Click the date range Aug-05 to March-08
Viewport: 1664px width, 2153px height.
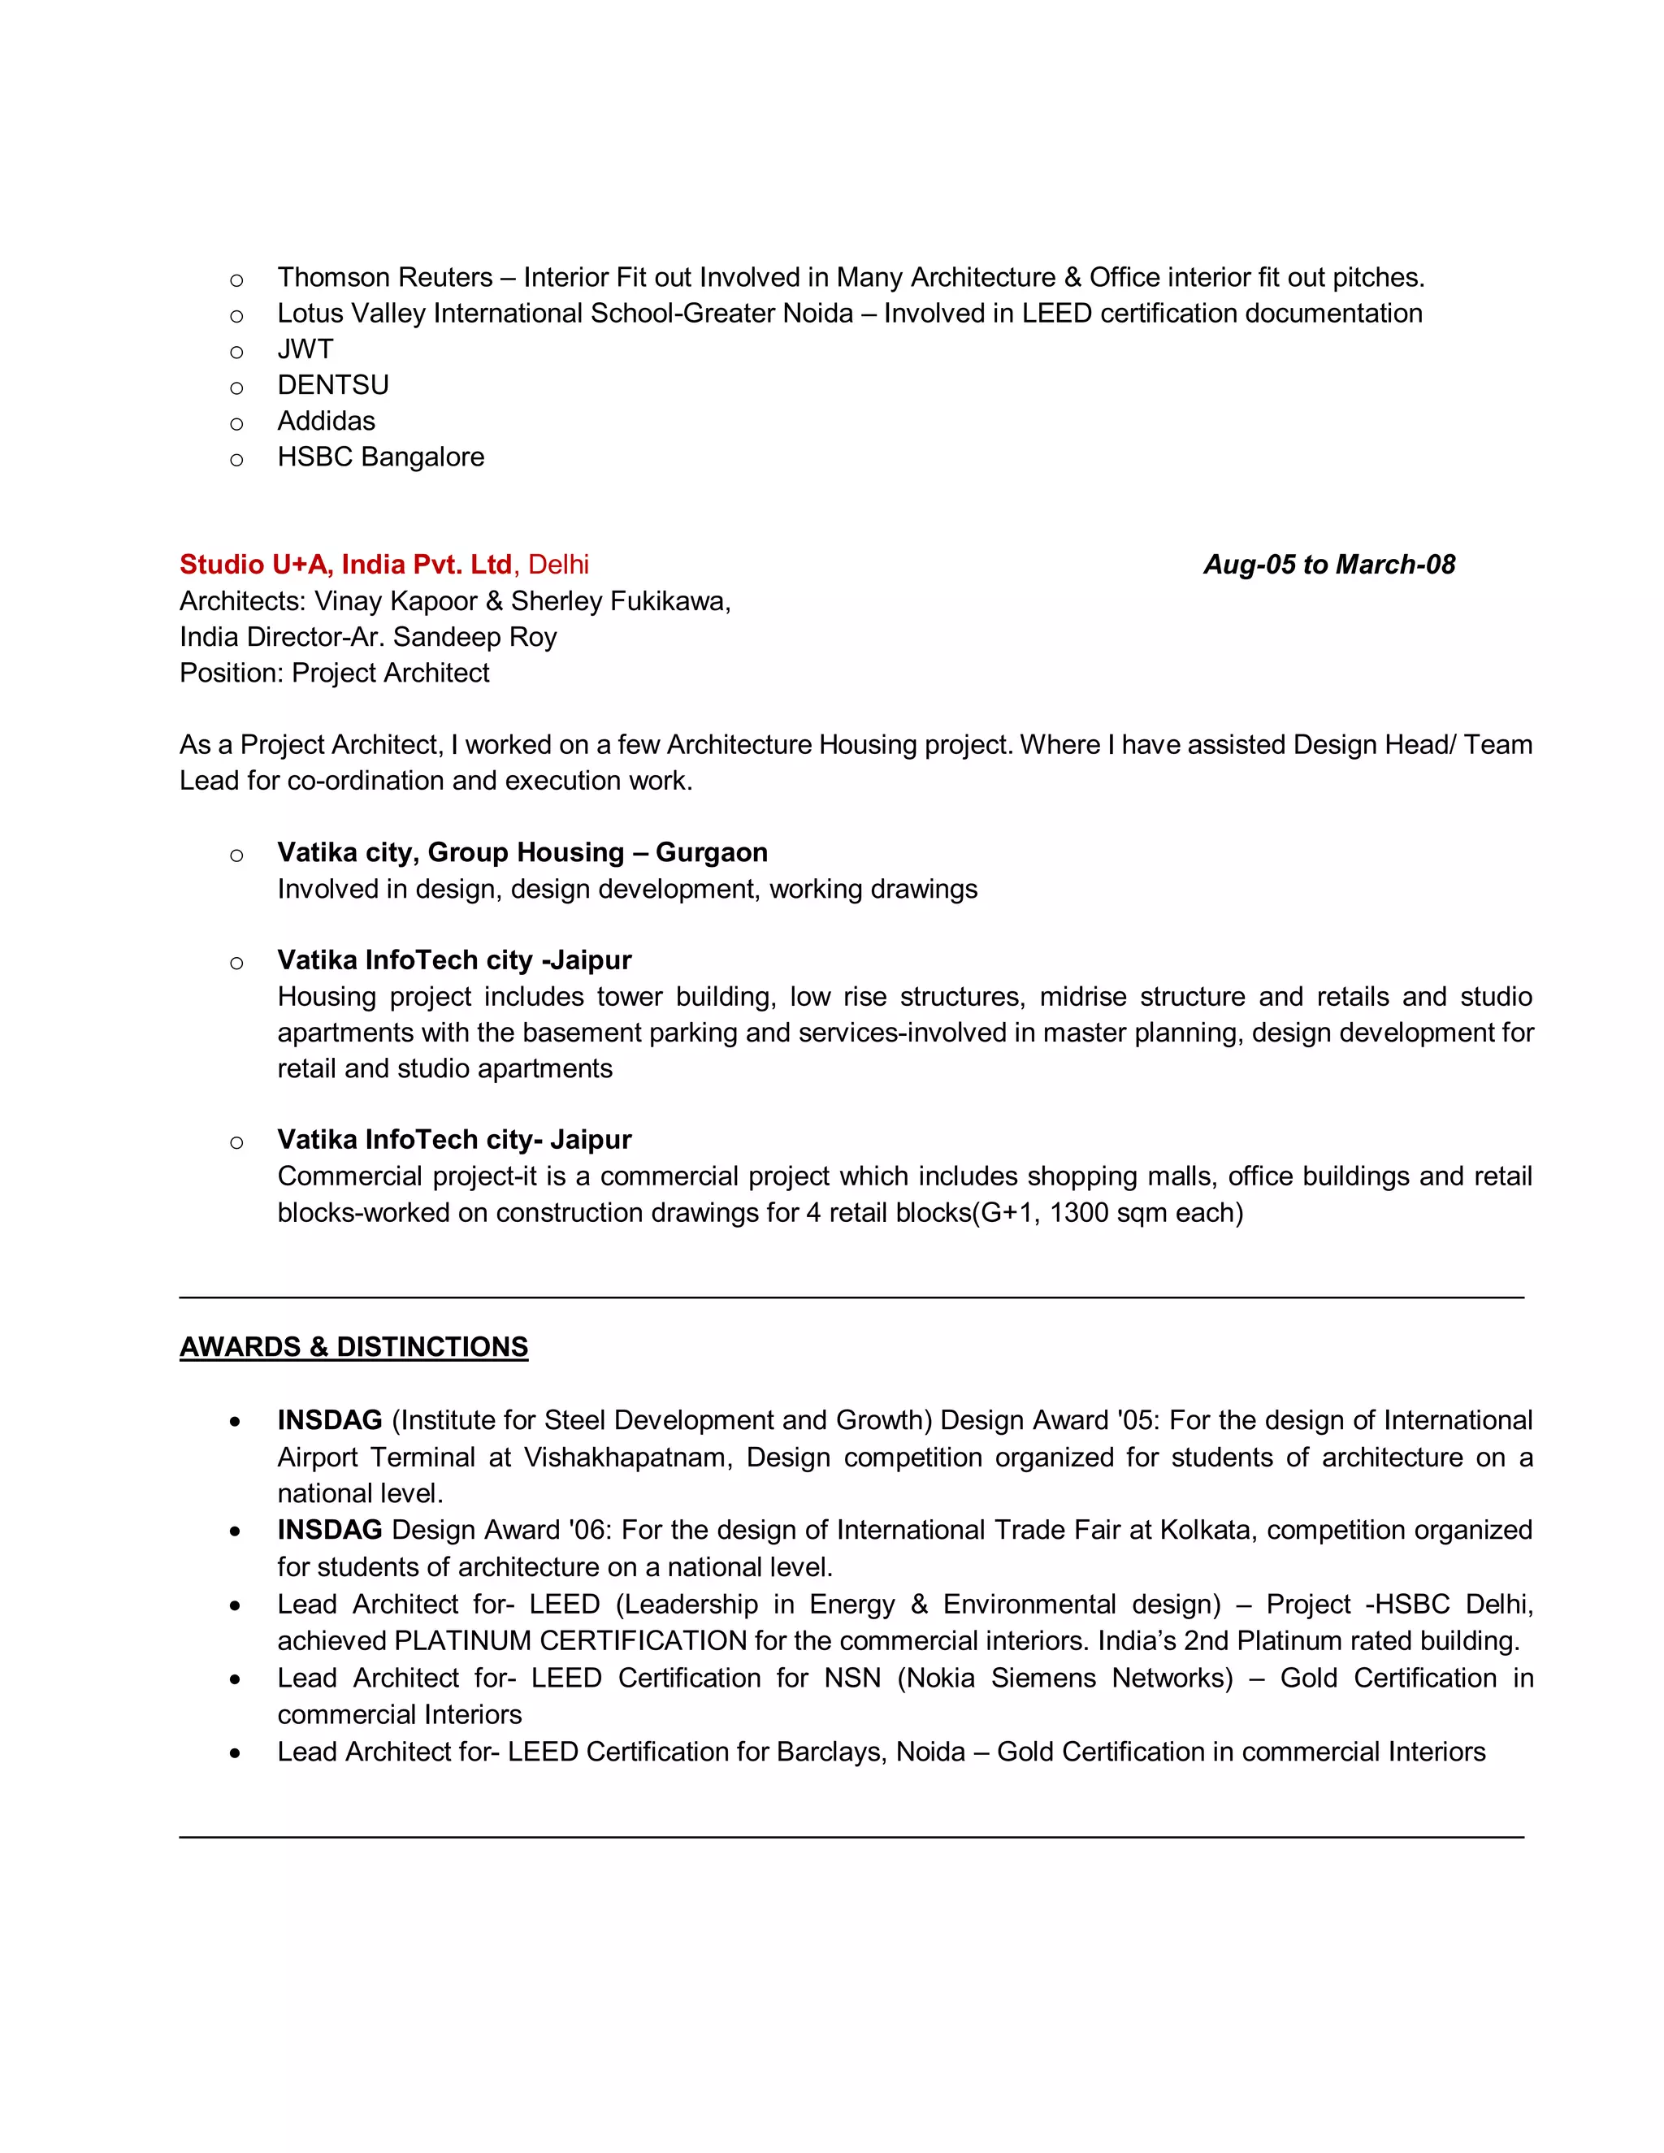click(x=1328, y=565)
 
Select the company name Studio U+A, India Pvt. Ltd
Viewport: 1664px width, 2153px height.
click(x=345, y=565)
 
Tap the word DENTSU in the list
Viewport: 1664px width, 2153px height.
click(x=332, y=385)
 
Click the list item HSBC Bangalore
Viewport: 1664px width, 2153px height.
click(x=380, y=457)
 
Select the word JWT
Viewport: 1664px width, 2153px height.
click(x=305, y=349)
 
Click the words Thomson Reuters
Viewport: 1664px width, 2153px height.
click(x=384, y=278)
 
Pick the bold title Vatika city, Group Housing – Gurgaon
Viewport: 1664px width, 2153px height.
click(x=522, y=853)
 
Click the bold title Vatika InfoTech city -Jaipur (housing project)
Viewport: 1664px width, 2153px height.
click(x=453, y=960)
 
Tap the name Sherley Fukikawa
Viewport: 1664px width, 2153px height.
click(x=619, y=601)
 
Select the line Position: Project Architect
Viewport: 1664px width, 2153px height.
click(x=334, y=674)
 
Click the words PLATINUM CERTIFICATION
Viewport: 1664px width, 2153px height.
click(x=570, y=1641)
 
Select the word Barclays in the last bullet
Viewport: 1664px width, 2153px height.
click(x=829, y=1752)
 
